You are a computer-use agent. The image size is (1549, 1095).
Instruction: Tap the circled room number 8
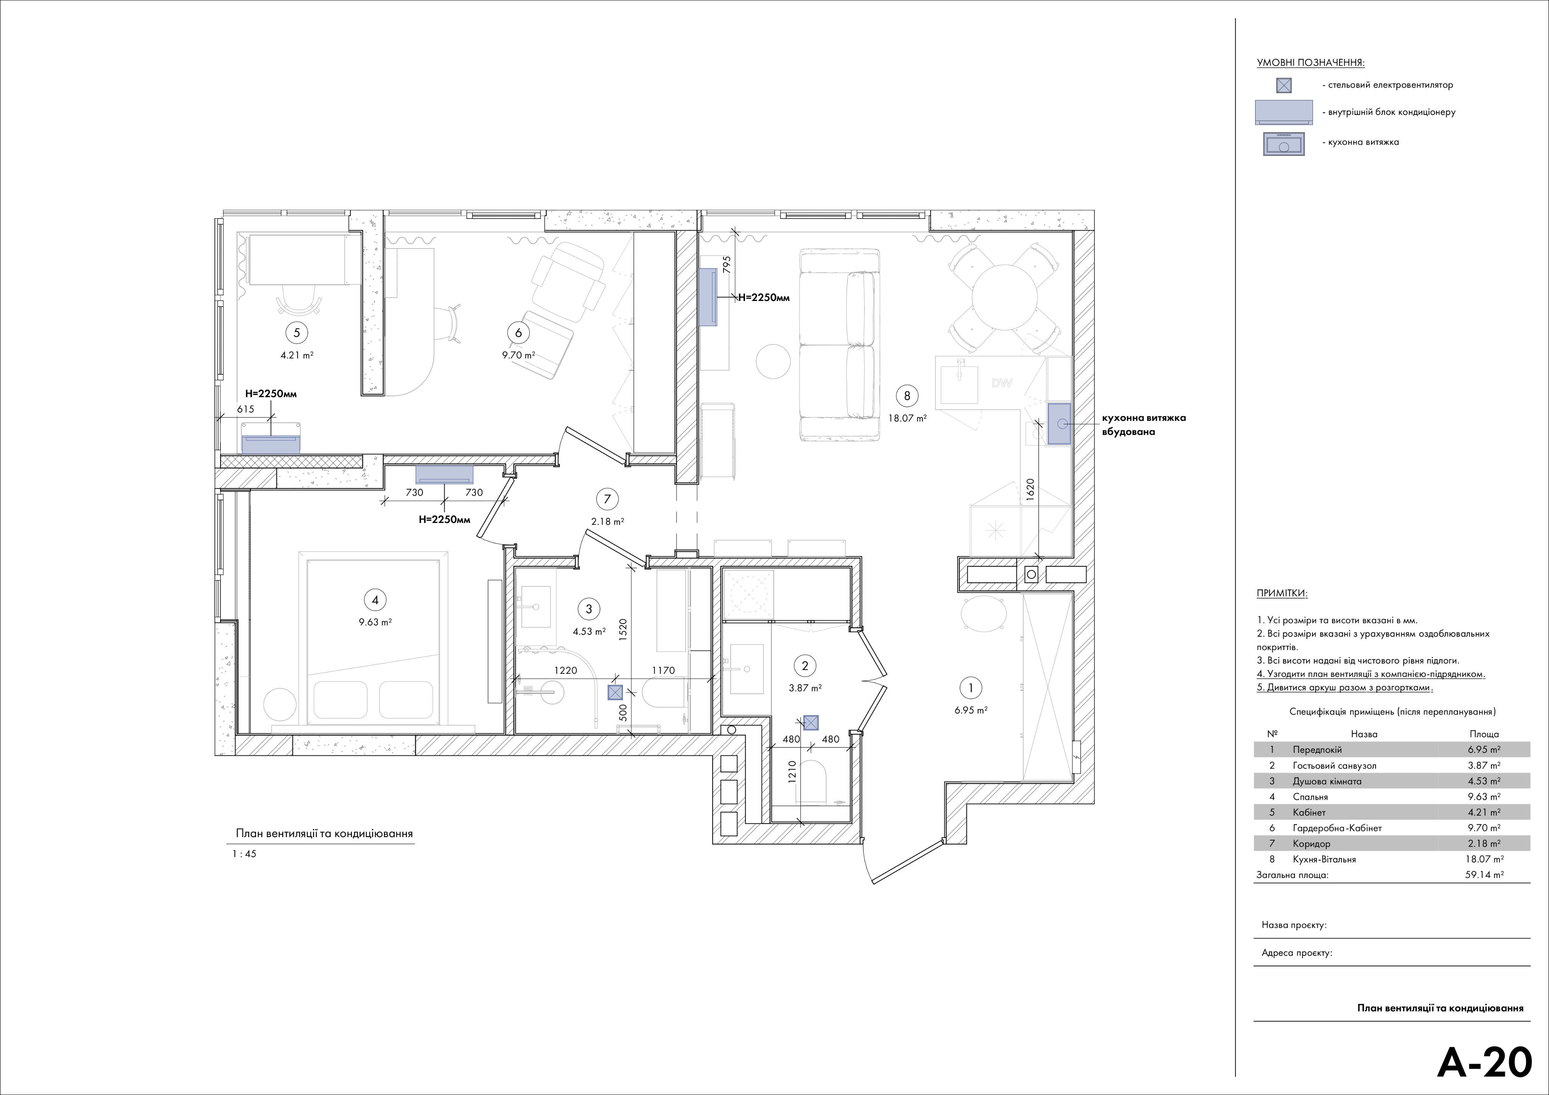(907, 396)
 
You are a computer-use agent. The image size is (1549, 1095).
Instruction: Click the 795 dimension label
(726, 264)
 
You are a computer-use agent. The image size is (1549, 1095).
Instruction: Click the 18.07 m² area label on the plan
(907, 418)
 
